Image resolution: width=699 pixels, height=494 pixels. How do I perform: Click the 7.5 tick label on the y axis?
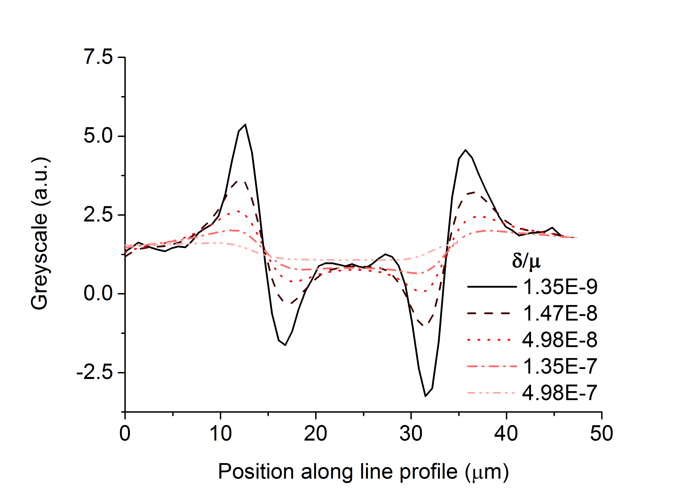click(x=98, y=57)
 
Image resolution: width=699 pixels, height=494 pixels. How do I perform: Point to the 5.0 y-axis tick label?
click(x=98, y=136)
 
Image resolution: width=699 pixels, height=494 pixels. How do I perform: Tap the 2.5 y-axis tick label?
click(x=98, y=215)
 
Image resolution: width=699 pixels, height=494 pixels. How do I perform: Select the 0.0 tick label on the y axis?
click(x=98, y=294)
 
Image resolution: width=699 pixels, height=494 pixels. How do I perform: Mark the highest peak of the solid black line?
click(x=245, y=125)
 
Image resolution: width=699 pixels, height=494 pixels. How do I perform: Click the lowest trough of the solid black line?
click(x=425, y=396)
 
